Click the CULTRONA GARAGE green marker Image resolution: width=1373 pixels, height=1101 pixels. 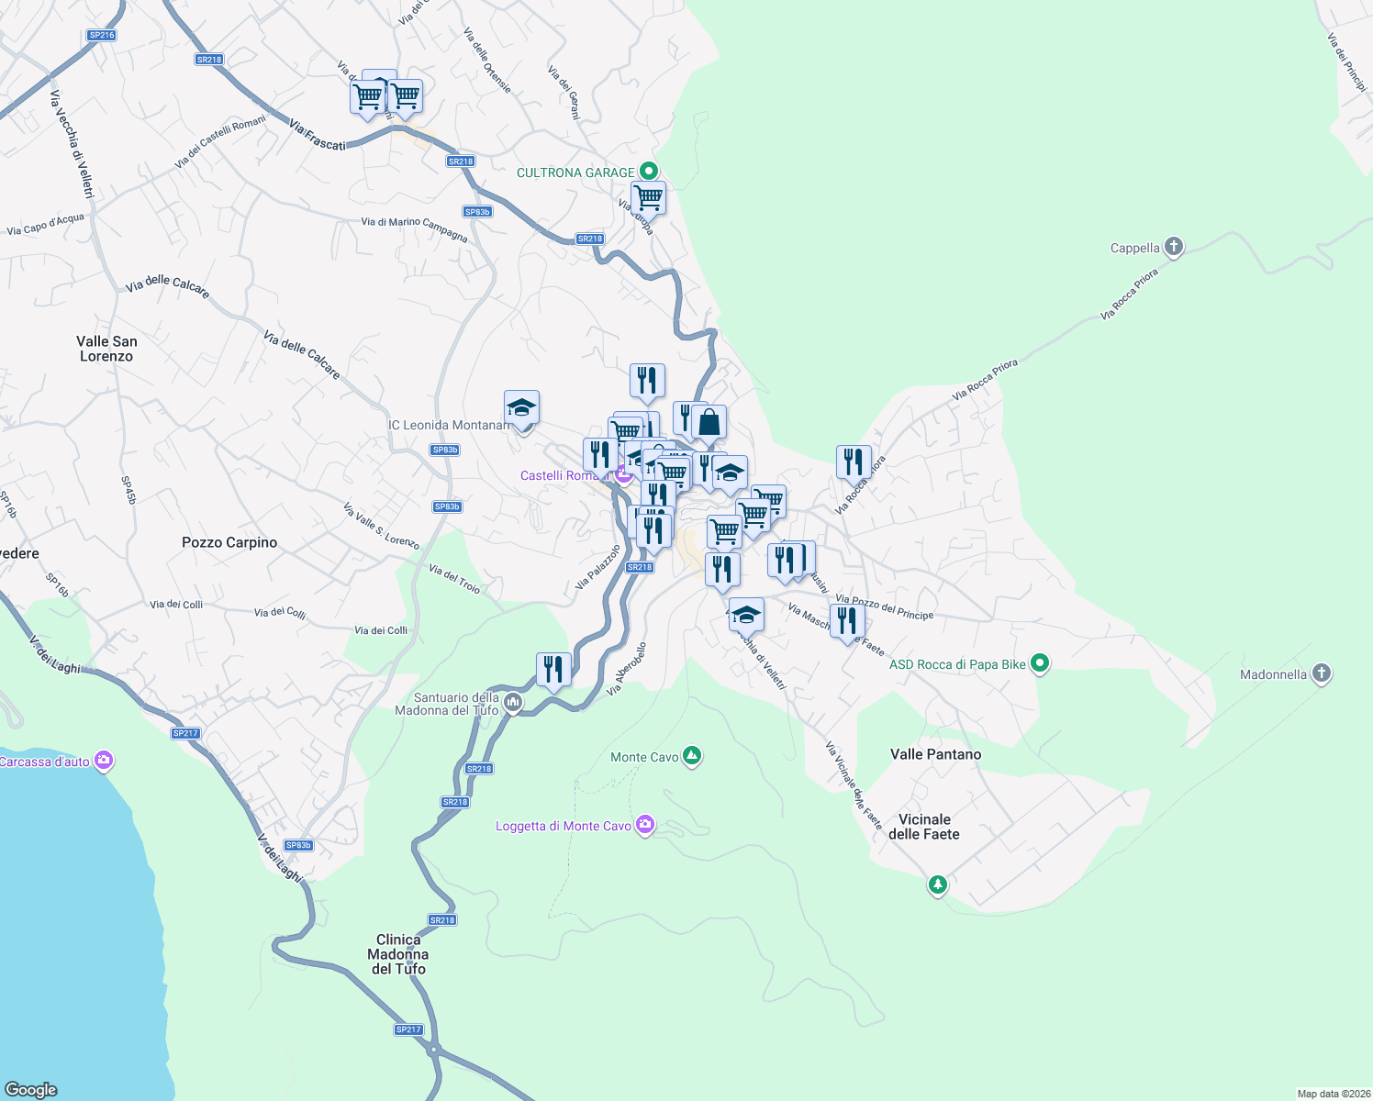pyautogui.click(x=649, y=171)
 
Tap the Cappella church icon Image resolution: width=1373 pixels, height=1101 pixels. pyautogui.click(x=1173, y=247)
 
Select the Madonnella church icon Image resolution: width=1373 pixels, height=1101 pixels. pyautogui.click(x=1322, y=673)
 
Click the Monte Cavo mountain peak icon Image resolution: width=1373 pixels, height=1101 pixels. pyautogui.click(x=693, y=756)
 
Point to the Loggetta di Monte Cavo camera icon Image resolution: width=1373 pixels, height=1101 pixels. pyautogui.click(x=645, y=825)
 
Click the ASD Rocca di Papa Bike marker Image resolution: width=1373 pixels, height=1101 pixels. pyautogui.click(x=1040, y=663)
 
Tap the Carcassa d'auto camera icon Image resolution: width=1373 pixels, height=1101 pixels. pyautogui.click(x=104, y=761)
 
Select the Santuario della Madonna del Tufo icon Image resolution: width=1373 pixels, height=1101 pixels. pyautogui.click(x=513, y=704)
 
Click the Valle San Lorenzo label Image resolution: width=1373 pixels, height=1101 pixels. pyautogui.click(x=106, y=349)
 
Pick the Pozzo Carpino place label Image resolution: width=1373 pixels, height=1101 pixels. pyautogui.click(x=229, y=542)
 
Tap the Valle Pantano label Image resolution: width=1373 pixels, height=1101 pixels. pyautogui.click(x=935, y=754)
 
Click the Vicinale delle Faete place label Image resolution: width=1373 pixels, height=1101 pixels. pyautogui.click(x=924, y=827)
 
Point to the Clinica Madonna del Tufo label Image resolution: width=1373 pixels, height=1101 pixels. pyautogui.click(x=398, y=954)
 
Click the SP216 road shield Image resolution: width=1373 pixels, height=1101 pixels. pyautogui.click(x=101, y=35)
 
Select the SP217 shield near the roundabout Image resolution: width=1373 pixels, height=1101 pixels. pyautogui.click(x=408, y=1029)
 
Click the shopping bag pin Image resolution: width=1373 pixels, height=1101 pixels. pyautogui.click(x=709, y=423)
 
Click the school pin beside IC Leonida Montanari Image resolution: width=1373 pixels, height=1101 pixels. pyautogui.click(x=521, y=408)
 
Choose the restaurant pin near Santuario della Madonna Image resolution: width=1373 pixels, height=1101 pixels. pyautogui.click(x=553, y=670)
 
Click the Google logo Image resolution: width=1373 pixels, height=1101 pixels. pyautogui.click(x=31, y=1089)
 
